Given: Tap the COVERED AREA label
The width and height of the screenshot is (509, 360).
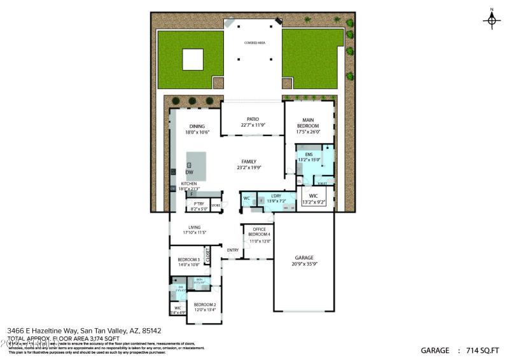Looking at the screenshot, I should pyautogui.click(x=254, y=43).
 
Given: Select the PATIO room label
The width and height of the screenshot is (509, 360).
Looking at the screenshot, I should pyautogui.click(x=252, y=122).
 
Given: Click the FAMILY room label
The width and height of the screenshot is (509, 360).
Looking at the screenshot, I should pyautogui.click(x=249, y=164).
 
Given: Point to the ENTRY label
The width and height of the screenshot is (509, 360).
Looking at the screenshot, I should pyautogui.click(x=233, y=250).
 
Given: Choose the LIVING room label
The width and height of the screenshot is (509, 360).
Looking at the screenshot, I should pyautogui.click(x=195, y=230).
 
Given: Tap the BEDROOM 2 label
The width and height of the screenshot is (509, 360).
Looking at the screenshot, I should pyautogui.click(x=205, y=307).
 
